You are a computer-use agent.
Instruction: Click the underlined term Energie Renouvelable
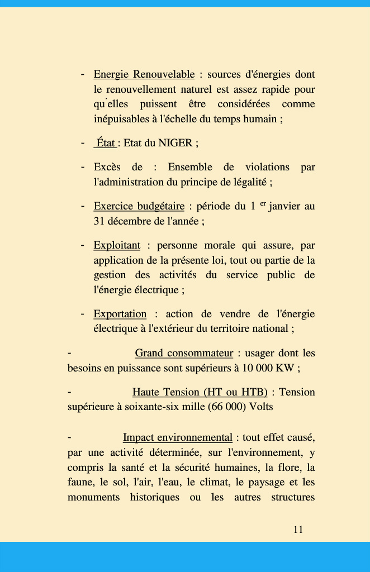point(144,74)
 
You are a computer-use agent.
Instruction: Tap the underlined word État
point(106,142)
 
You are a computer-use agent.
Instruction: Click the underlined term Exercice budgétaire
point(139,206)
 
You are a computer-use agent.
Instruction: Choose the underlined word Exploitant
point(117,245)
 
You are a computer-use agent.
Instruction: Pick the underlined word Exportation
point(120,314)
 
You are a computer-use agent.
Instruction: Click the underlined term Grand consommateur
point(184,353)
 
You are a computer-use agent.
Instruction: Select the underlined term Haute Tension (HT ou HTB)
point(200,392)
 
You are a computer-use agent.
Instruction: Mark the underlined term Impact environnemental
point(178,437)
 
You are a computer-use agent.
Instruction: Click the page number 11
point(298,530)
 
